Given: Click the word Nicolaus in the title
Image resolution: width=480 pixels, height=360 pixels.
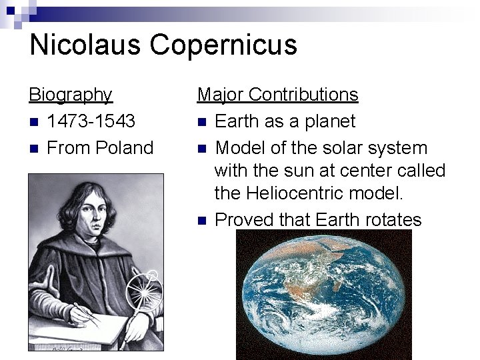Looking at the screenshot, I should point(86,45).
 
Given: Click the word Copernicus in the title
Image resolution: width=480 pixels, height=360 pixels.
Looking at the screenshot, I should point(223,45).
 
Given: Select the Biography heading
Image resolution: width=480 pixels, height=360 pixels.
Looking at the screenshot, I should point(71,95).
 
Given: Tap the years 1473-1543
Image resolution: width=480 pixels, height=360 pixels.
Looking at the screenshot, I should point(91,121).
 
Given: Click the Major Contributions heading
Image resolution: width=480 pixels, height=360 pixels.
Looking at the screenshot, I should point(277,95).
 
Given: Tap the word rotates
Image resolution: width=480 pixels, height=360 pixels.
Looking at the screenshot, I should point(389,220).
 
